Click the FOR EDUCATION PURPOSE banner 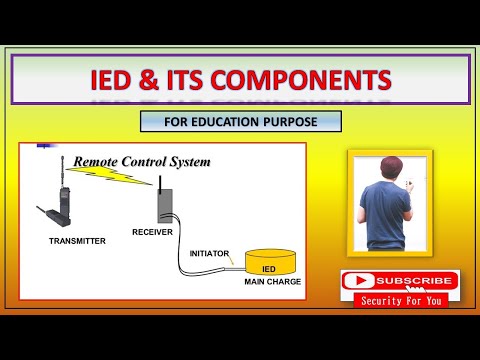(x=241, y=122)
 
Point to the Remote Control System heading (x=142, y=161)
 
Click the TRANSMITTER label (x=76, y=241)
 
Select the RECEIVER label (x=152, y=232)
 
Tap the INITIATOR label (x=209, y=253)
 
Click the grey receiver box (x=165, y=206)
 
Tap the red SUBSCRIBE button (x=400, y=281)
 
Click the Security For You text (x=400, y=300)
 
